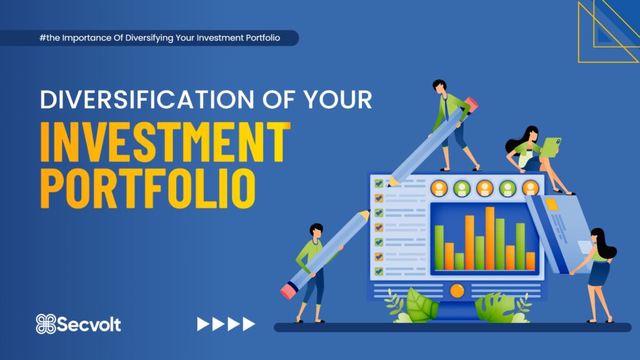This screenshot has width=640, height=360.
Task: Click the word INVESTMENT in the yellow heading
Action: click(x=165, y=142)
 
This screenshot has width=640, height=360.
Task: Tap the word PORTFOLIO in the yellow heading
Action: click(x=148, y=189)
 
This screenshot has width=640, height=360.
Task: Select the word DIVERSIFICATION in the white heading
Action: click(x=147, y=99)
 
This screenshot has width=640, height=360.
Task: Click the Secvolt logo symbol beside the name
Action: click(x=46, y=324)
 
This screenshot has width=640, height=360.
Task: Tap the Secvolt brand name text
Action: click(x=89, y=324)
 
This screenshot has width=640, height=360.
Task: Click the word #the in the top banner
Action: click(x=49, y=38)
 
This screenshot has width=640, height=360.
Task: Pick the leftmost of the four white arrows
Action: click(x=203, y=324)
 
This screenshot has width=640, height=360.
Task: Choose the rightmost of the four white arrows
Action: click(x=249, y=324)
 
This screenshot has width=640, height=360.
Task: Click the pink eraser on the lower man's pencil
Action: click(x=289, y=291)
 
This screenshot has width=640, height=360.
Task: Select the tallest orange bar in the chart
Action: click(x=490, y=238)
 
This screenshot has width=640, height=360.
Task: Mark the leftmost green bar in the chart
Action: click(x=439, y=247)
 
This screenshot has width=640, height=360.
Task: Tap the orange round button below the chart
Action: click(x=457, y=291)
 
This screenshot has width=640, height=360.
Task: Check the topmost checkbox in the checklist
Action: click(x=379, y=183)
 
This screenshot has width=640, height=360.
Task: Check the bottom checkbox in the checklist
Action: click(x=379, y=271)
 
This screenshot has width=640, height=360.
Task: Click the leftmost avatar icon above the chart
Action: click(x=439, y=189)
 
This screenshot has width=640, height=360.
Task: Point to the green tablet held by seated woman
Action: click(x=551, y=147)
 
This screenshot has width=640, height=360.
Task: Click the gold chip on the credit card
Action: click(x=551, y=204)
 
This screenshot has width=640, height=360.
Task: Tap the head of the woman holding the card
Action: click(x=598, y=237)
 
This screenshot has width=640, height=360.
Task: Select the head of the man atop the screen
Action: click(x=439, y=86)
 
